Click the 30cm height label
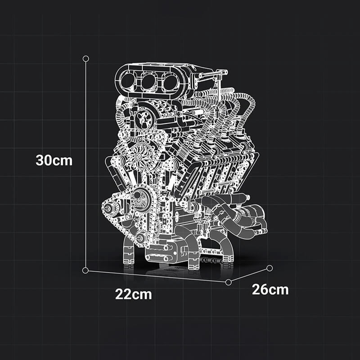coord(54,160)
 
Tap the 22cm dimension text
coord(133,295)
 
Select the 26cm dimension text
coord(270,289)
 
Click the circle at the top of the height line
coord(86,58)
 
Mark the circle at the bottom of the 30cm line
coord(85,270)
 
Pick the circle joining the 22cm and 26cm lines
coord(229,282)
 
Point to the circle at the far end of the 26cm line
coord(270,268)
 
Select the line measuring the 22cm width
coord(157,276)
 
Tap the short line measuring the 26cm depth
coord(249,275)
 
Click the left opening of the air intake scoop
coord(129,81)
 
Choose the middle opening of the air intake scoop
coord(149,82)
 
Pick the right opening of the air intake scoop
coord(171,82)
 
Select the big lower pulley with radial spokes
coord(141,200)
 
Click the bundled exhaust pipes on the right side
coord(238,216)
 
